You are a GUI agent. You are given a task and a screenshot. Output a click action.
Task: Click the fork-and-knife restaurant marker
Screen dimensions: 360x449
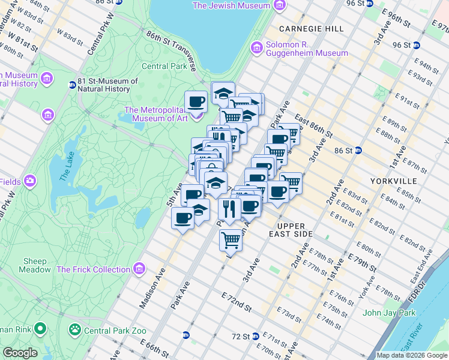pos(229,209)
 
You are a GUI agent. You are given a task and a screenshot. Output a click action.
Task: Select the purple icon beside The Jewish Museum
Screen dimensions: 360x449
pos(279,5)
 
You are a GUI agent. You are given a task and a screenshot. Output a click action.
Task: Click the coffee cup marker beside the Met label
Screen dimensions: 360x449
pos(196,101)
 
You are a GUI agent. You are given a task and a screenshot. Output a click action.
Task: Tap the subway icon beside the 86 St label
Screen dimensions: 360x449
pos(358,150)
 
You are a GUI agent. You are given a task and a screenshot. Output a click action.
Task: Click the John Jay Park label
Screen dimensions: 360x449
pos(389,313)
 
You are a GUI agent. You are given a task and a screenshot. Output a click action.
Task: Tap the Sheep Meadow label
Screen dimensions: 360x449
pos(35,265)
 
